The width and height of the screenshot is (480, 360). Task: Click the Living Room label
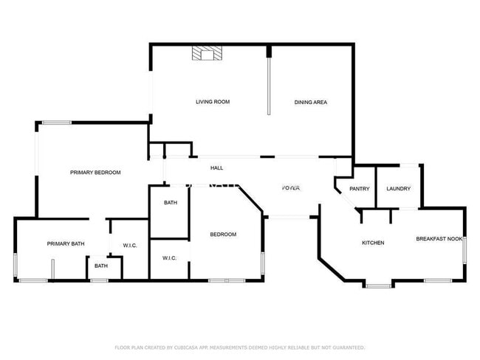[212, 102]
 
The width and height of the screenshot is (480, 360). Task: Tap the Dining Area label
[311, 102]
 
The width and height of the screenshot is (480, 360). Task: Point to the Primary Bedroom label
[95, 172]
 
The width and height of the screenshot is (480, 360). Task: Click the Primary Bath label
[65, 243]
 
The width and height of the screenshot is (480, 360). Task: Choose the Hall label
[216, 168]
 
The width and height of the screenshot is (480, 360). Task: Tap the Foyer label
[291, 189]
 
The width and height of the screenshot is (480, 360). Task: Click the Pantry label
[360, 189]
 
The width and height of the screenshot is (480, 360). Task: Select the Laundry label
[399, 189]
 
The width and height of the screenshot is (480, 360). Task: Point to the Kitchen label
[372, 243]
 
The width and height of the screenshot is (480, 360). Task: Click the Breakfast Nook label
[439, 238]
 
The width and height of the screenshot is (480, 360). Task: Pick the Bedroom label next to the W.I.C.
[223, 235]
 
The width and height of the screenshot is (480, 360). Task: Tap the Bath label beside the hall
[170, 202]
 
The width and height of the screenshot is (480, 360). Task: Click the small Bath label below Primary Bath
[101, 266]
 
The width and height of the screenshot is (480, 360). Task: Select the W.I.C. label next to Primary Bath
[130, 246]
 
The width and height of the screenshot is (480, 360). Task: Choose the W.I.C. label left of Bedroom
[169, 258]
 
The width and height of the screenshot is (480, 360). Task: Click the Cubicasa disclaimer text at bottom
[239, 347]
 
